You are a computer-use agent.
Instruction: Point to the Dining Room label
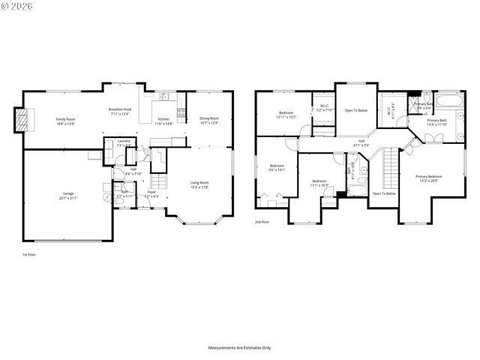point(209,118)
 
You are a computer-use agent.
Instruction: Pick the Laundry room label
point(121,142)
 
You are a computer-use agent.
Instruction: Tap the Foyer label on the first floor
point(151,192)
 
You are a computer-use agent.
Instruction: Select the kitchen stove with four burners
point(181,115)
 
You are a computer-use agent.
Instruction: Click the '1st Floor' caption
point(29,255)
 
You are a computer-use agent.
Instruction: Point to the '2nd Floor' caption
point(262,223)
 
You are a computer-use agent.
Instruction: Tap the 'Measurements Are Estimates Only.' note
point(240,347)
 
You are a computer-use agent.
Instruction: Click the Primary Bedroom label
point(429,176)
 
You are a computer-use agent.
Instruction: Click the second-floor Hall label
point(361,140)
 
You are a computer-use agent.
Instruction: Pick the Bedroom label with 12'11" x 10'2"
point(281,113)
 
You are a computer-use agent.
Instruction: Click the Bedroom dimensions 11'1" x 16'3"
point(319,184)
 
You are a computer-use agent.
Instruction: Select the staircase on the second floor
point(390,169)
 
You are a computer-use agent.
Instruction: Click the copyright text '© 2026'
point(16,6)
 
